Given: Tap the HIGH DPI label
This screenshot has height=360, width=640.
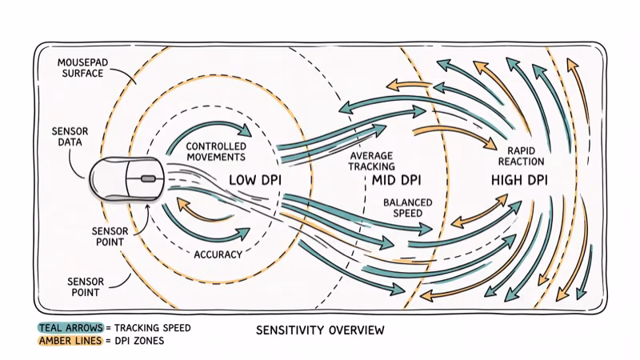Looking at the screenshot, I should pyautogui.click(x=518, y=181).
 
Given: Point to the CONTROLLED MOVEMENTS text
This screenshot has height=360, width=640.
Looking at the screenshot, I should pyautogui.click(x=215, y=152).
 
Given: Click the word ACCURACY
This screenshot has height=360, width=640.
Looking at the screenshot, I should pyautogui.click(x=218, y=255).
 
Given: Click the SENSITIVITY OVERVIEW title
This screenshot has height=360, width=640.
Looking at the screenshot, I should pyautogui.click(x=320, y=330).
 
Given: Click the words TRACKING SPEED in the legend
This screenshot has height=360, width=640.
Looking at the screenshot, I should pyautogui.click(x=154, y=327).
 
